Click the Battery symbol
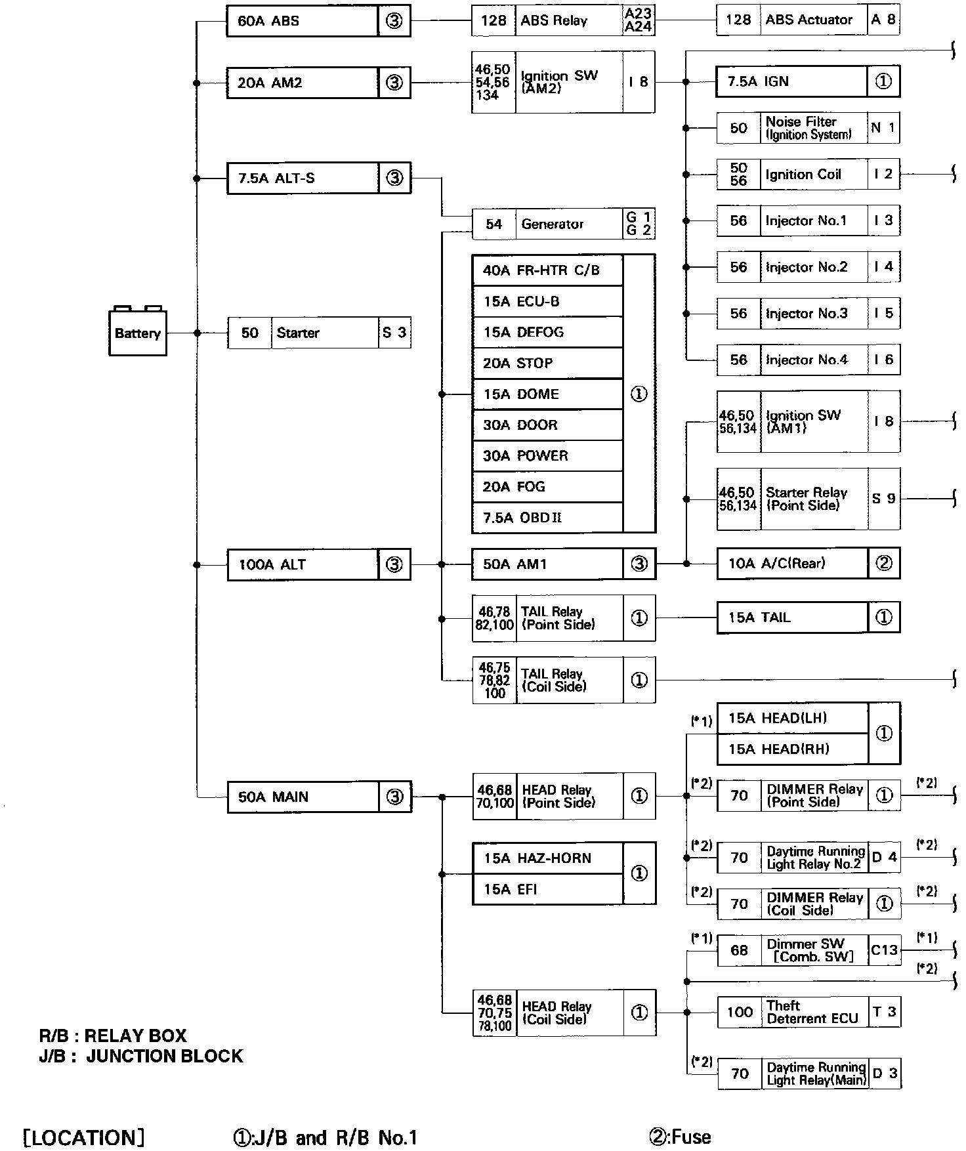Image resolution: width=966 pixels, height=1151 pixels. [x=137, y=333]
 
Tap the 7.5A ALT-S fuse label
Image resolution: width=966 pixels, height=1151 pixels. [x=276, y=178]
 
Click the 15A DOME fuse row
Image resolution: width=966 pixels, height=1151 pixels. [x=547, y=394]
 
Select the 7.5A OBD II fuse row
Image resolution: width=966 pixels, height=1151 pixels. [x=547, y=518]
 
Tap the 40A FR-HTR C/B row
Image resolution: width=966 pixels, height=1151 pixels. [x=547, y=270]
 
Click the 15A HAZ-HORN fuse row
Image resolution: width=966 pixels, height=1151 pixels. [x=547, y=858]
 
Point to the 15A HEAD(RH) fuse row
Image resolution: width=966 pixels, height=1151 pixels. [x=792, y=749]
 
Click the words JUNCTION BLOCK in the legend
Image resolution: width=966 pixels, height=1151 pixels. [x=164, y=1056]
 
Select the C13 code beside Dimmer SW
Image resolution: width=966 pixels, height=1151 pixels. [x=884, y=950]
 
